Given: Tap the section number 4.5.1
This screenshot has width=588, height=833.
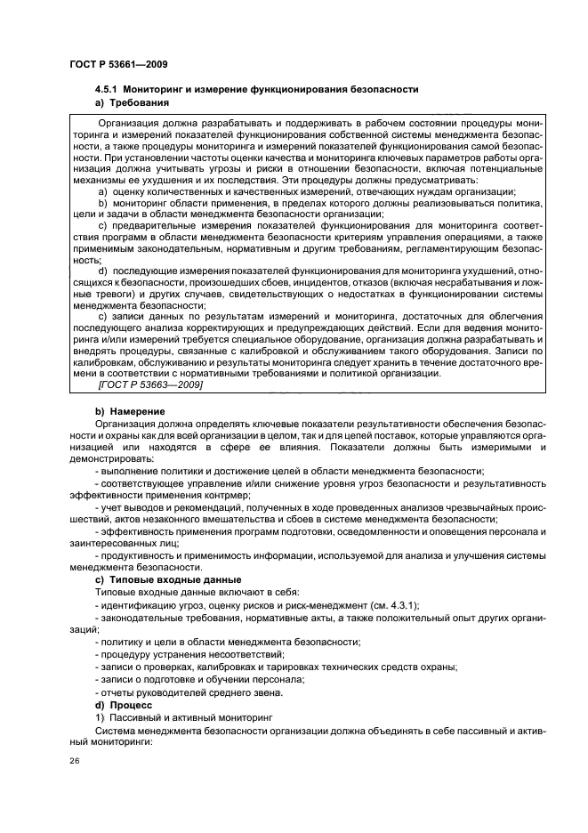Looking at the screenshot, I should (x=107, y=90).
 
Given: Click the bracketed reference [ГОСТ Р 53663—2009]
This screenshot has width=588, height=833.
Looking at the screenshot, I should (x=150, y=384).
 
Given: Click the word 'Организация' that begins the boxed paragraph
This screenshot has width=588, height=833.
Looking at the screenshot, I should (x=130, y=121).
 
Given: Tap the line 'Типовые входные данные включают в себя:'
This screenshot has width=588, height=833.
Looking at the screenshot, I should (x=187, y=592).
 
